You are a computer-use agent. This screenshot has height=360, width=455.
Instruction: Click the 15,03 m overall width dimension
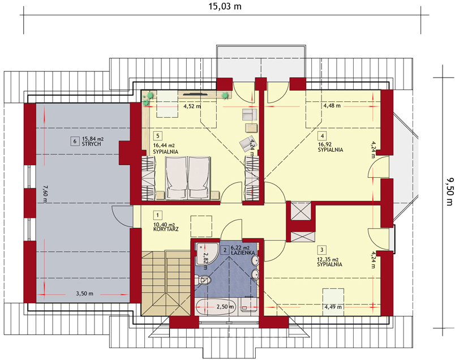[225, 6]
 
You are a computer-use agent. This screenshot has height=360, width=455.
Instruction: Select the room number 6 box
[75, 142]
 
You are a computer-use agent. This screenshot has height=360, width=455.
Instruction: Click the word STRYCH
[92, 144]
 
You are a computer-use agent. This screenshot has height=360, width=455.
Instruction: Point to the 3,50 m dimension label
[84, 294]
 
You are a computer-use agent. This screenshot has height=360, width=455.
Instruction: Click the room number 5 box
[158, 136]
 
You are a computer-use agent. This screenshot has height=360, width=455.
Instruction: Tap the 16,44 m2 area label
[164, 145]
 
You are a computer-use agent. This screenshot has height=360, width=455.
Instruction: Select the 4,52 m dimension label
[192, 106]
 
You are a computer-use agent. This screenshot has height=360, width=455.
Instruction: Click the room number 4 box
[322, 136]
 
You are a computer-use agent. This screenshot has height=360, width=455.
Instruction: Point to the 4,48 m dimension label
[332, 106]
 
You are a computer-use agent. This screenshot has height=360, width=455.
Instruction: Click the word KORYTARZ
[166, 229]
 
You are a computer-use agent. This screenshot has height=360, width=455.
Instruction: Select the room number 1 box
[157, 215]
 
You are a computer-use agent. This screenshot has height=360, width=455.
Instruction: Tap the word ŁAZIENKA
[243, 253]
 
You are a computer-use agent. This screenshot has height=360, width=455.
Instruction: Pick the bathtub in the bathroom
[216, 307]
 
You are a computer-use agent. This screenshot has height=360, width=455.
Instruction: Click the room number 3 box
[321, 250]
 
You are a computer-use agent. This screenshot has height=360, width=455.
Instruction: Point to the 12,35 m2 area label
[328, 260]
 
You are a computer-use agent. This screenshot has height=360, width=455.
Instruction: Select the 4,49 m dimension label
[333, 307]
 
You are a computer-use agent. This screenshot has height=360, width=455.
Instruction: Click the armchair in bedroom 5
[247, 142]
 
